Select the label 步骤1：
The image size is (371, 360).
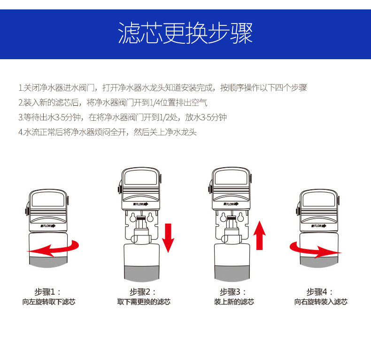click(x=48, y=291)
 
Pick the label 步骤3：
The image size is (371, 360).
click(x=233, y=291)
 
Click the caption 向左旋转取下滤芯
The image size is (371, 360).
click(x=49, y=302)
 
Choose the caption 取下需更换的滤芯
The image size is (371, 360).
click(x=144, y=302)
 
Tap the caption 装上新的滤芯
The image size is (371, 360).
click(x=234, y=302)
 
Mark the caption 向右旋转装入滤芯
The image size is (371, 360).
click(x=321, y=302)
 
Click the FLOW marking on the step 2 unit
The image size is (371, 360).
click(x=141, y=204)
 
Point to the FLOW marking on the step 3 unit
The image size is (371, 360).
click(x=231, y=204)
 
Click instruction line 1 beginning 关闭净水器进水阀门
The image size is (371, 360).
click(x=162, y=88)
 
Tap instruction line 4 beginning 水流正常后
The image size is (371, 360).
click(x=108, y=132)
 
